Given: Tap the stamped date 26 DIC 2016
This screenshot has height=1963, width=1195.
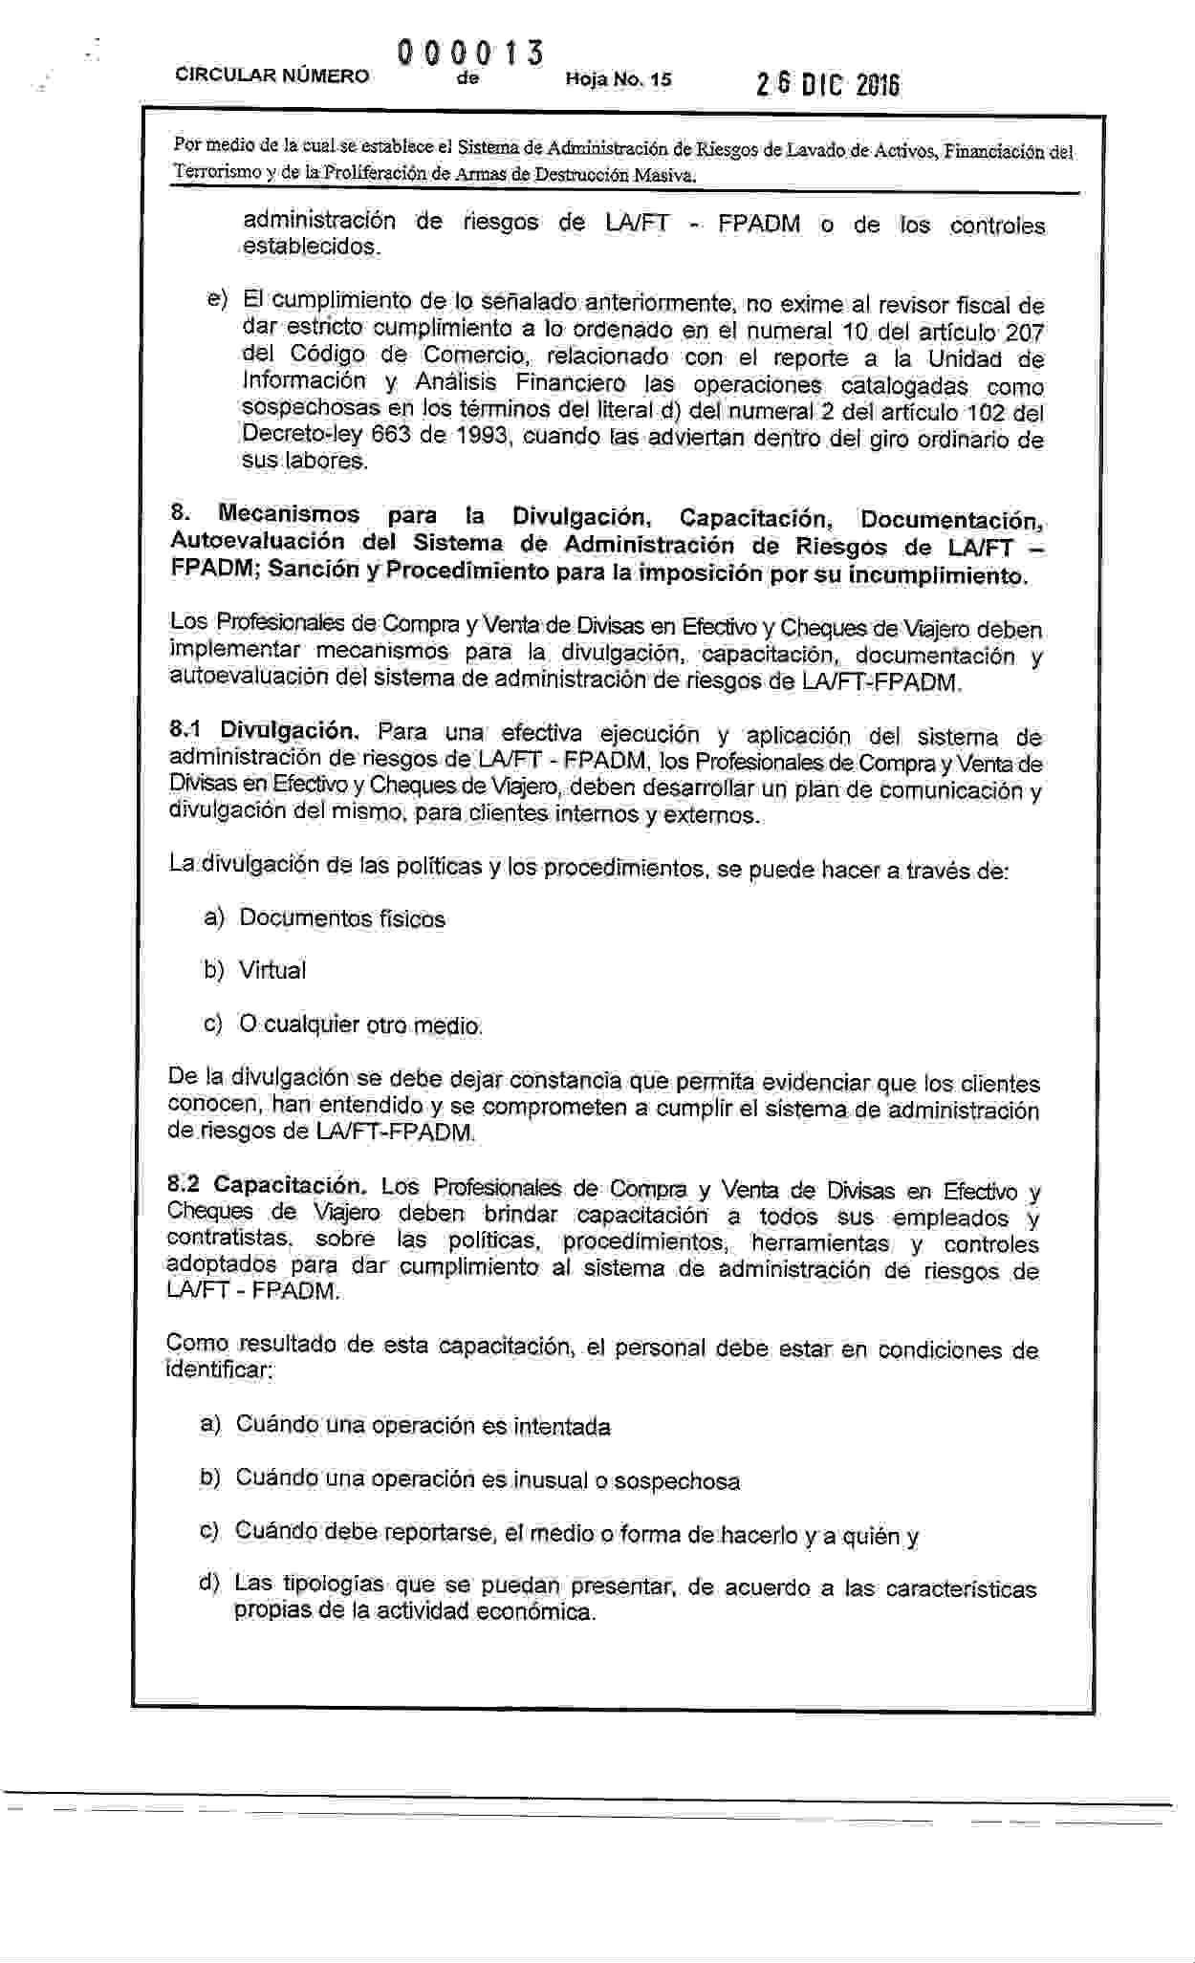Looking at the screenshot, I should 828,86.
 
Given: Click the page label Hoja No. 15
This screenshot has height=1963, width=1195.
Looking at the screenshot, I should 619,79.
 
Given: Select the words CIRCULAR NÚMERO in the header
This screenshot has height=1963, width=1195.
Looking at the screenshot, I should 272,75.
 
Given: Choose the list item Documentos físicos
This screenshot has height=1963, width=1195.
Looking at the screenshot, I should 342,918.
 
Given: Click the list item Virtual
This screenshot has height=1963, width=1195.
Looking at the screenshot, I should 272,970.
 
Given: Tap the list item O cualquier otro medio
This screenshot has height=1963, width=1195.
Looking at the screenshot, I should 360,1025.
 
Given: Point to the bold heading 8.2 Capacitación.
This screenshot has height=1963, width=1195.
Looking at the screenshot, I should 267,1185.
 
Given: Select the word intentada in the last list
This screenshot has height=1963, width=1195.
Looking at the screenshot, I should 561,1427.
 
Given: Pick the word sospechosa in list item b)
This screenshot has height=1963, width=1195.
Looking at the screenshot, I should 677,1481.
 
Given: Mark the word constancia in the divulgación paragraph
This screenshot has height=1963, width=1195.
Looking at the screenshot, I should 565,1080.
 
